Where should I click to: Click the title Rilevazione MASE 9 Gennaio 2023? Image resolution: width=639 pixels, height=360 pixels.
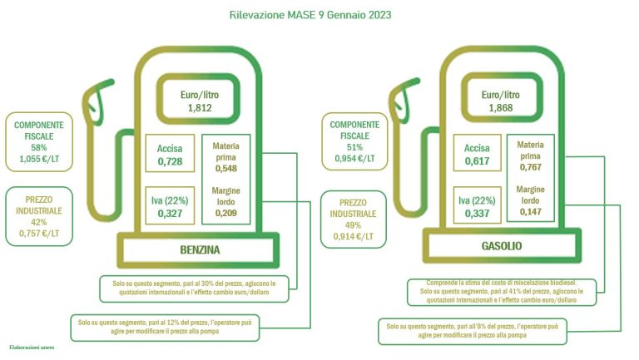click(x=310, y=15)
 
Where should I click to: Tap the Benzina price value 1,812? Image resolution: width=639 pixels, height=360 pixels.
click(x=200, y=108)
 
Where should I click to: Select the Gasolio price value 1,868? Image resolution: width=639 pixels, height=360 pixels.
click(x=500, y=108)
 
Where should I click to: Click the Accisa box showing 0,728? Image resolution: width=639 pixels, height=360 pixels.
click(x=170, y=153)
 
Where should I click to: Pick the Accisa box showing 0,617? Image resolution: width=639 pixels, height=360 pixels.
click(x=477, y=153)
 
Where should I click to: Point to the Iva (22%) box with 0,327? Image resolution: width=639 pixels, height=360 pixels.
click(x=170, y=205)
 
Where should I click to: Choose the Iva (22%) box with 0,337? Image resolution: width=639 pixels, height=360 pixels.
click(x=477, y=205)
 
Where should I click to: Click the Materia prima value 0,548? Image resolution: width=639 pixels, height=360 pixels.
click(x=225, y=169)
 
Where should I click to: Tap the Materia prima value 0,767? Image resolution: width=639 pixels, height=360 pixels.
click(x=530, y=167)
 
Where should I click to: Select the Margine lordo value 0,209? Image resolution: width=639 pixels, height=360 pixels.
click(x=225, y=213)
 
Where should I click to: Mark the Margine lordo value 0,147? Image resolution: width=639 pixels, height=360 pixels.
click(x=530, y=212)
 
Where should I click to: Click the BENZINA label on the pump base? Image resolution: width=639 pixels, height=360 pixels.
click(x=200, y=249)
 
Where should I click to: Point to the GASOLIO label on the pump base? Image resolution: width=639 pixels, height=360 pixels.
click(x=501, y=246)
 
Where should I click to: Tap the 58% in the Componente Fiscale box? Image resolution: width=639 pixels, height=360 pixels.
click(x=39, y=147)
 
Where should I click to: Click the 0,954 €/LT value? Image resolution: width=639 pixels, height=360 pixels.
click(x=354, y=159)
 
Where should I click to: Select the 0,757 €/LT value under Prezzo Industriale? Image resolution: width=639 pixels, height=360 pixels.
click(x=39, y=234)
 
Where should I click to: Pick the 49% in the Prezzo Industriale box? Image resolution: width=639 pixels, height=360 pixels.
click(x=353, y=225)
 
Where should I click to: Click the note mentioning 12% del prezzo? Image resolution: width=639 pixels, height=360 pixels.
click(x=165, y=327)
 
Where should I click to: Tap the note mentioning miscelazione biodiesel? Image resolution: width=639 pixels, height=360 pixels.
click(x=502, y=292)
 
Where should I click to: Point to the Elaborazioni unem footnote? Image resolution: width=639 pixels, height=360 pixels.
click(x=32, y=348)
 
